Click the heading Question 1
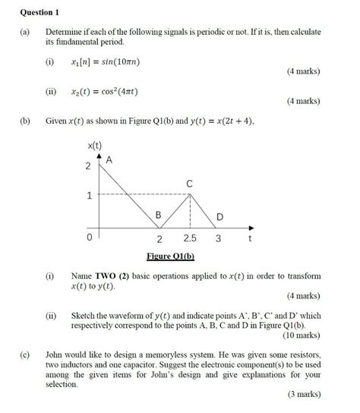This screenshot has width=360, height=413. [x=39, y=12]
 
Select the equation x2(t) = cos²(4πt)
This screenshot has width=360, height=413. [x=105, y=92]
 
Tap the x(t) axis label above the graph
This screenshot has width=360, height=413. [x=95, y=145]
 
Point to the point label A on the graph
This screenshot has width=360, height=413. [x=109, y=160]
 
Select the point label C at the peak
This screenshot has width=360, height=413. [x=189, y=184]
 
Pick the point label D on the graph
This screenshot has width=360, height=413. [x=219, y=218]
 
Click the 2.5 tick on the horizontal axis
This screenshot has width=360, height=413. [x=190, y=239]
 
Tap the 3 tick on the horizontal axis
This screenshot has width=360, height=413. [x=218, y=239]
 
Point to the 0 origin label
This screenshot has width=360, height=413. [x=89, y=238]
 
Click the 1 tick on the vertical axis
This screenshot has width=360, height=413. [x=89, y=195]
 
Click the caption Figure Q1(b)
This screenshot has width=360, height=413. [x=170, y=256]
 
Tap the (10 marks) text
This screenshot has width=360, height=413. [x=301, y=334]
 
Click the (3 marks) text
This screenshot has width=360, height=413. [x=304, y=395]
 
